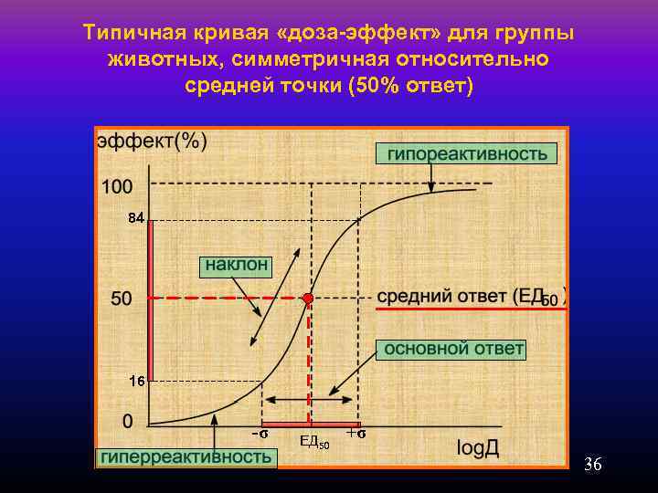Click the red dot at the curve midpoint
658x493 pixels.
[309, 299]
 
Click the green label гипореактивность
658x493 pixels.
[464, 153]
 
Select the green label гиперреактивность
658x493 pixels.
[186, 456]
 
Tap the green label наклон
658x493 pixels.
[237, 265]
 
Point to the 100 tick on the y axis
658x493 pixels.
[117, 186]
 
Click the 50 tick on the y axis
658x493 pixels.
[122, 299]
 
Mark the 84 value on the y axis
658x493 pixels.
[135, 218]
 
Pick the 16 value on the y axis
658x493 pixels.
[136, 382]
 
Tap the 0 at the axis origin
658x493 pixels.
[127, 421]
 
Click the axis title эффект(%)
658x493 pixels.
[152, 142]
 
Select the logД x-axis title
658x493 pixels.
[478, 448]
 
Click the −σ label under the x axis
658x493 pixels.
[260, 435]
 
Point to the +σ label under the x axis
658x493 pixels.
[356, 434]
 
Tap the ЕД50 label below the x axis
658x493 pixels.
[313, 444]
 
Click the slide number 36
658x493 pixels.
[592, 466]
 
